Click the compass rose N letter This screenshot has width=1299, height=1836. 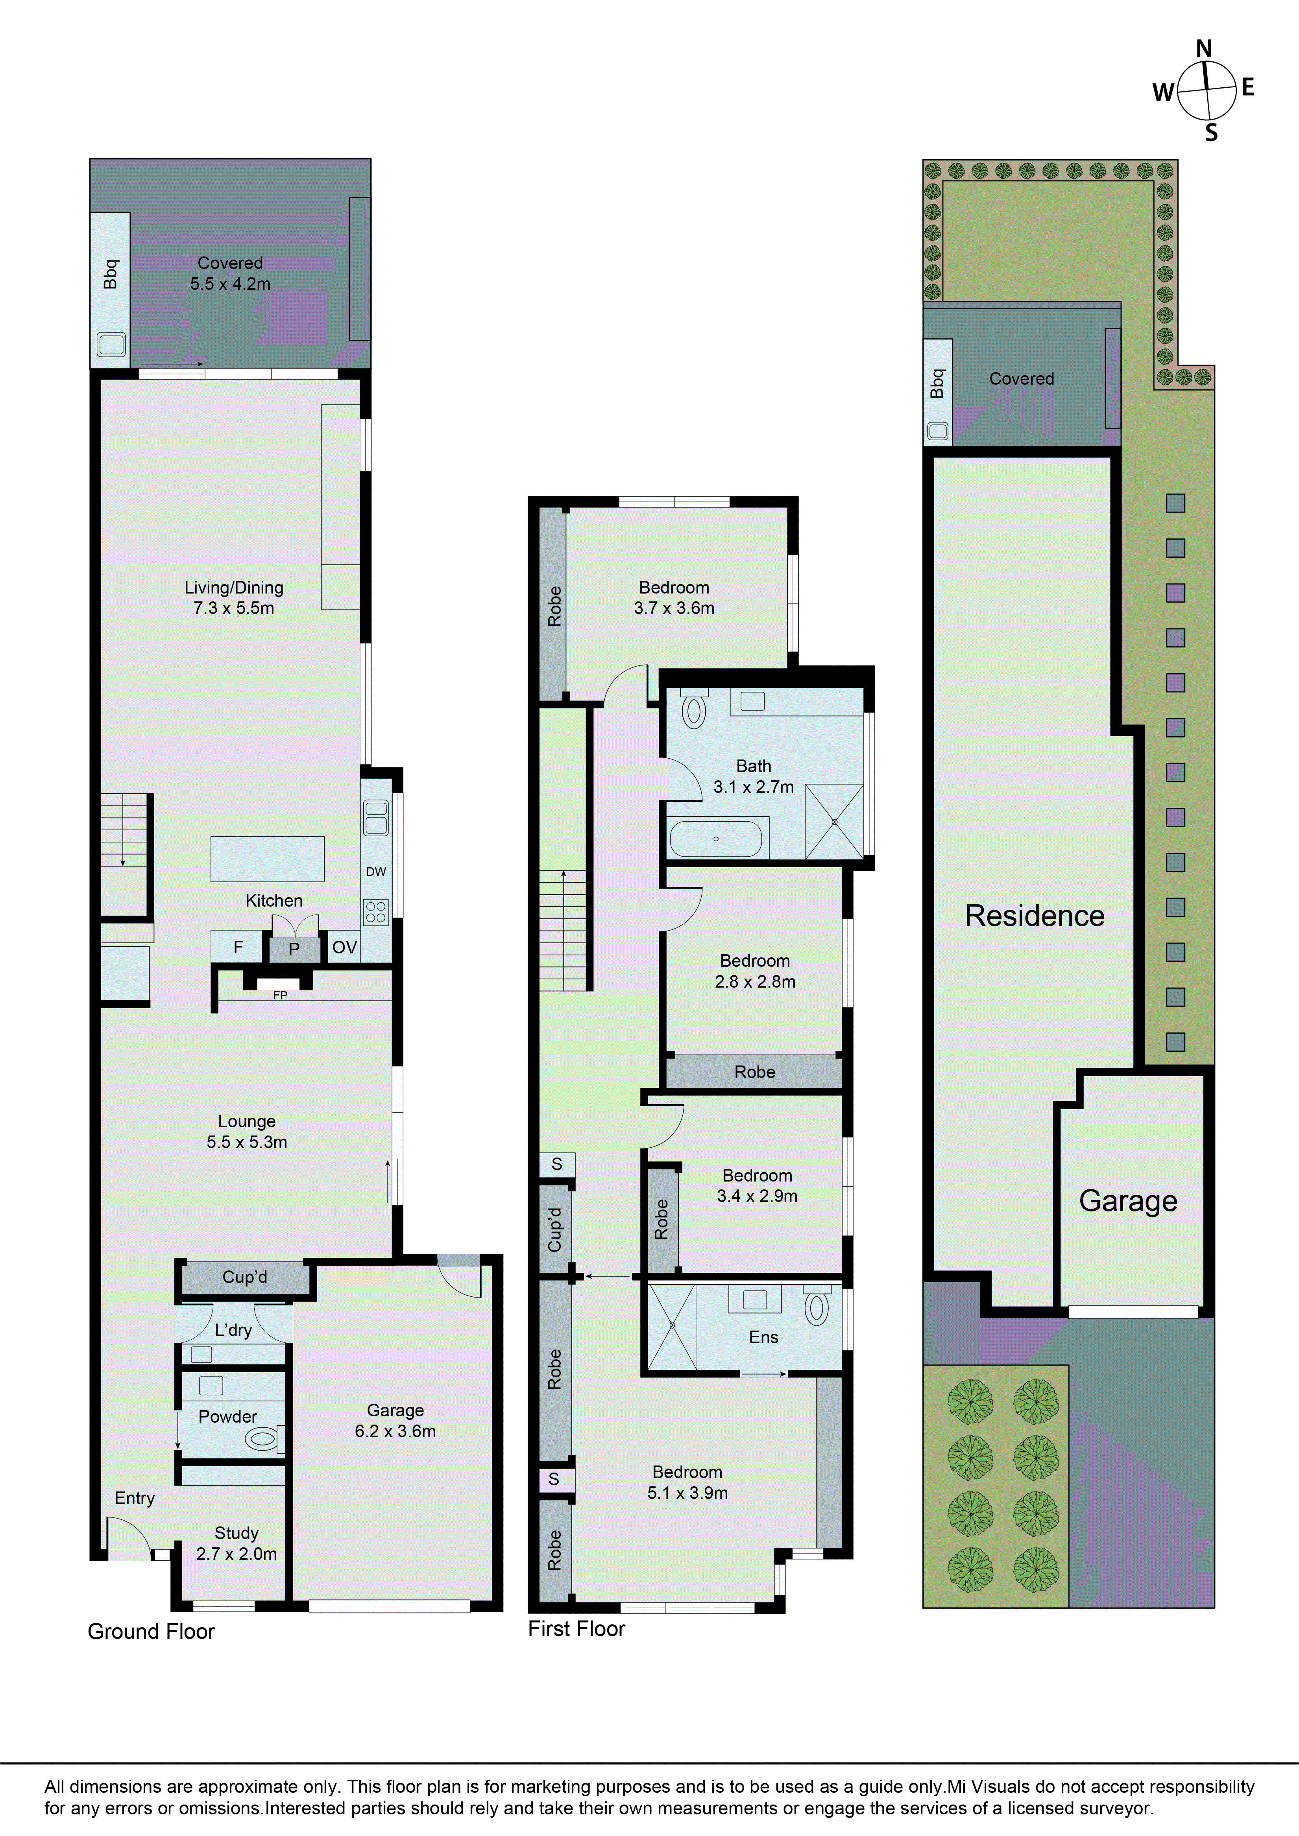pos(1204,50)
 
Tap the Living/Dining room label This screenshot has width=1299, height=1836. pos(234,597)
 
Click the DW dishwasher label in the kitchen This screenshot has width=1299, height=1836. pos(376,872)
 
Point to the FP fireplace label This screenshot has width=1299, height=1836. pos(280,995)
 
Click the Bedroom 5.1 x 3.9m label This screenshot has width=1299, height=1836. pos(687,1482)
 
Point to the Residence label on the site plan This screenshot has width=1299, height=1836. pos(1034,916)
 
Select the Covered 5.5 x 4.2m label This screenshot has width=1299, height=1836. pos(230,273)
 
